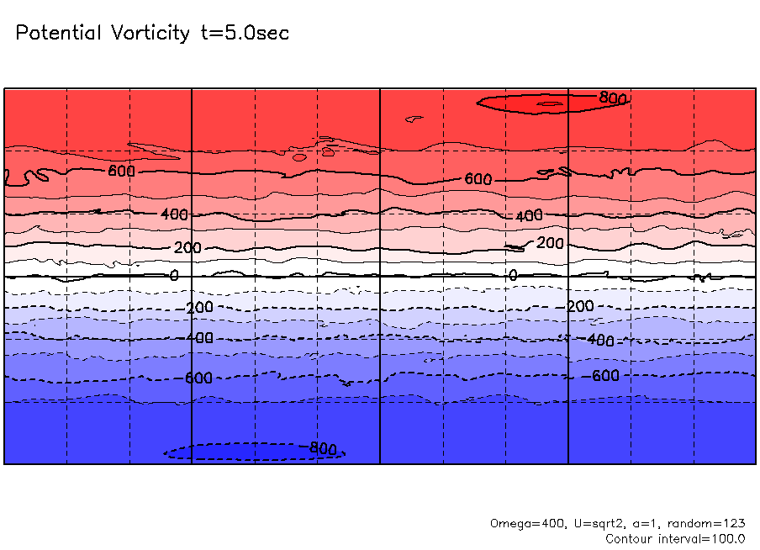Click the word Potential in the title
[x=56, y=34]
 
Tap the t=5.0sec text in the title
[x=244, y=34]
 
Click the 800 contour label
[x=613, y=98]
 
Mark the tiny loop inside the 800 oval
[x=549, y=103]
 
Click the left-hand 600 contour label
[x=121, y=171]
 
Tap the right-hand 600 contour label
[x=478, y=179]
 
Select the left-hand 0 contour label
[x=174, y=275]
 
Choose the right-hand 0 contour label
[x=513, y=275]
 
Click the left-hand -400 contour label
[x=198, y=338]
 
